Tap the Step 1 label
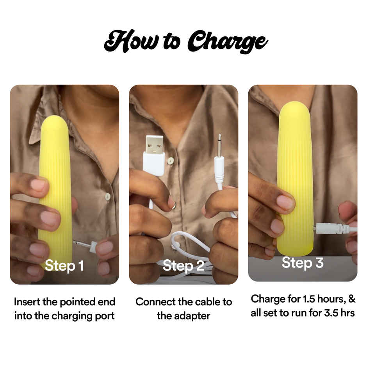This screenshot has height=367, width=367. (x=64, y=265)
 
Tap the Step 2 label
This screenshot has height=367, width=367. (x=183, y=265)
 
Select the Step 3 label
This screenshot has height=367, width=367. (x=303, y=263)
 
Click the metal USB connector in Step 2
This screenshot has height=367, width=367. (x=155, y=144)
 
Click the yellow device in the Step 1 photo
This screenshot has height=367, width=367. (x=55, y=183)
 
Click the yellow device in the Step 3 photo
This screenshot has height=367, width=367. (x=296, y=176)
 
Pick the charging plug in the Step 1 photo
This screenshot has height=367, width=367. (x=90, y=246)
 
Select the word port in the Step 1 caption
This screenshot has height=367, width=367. (x=104, y=315)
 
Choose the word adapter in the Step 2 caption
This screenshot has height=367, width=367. (x=193, y=315)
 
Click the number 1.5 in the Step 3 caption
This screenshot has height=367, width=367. (x=309, y=299)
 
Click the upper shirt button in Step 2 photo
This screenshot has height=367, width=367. (x=170, y=160)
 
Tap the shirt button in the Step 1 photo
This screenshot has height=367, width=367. (x=107, y=196)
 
